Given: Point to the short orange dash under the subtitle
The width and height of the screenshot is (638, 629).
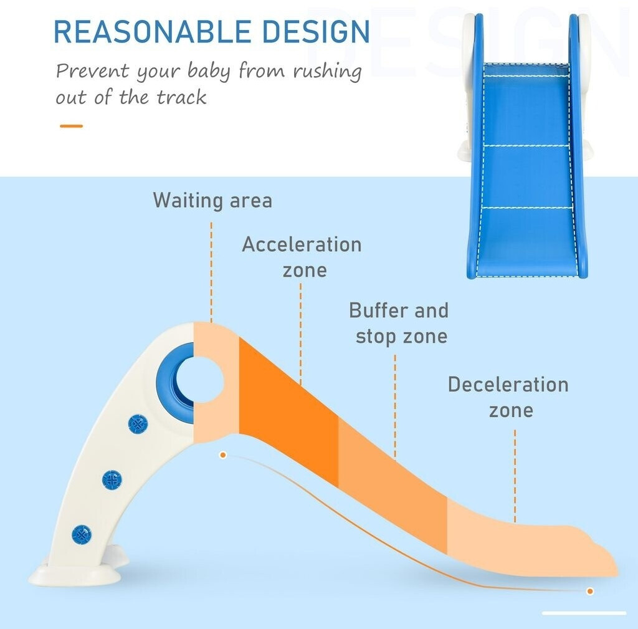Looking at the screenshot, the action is pyautogui.click(x=71, y=126).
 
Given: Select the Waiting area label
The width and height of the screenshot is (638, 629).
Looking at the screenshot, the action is pyautogui.click(x=212, y=201).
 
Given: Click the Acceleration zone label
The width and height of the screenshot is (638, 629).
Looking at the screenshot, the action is pyautogui.click(x=302, y=257).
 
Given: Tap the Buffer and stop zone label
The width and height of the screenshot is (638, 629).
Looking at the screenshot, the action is pyautogui.click(x=399, y=324).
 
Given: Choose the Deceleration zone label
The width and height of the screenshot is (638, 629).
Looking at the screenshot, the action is pyautogui.click(x=508, y=397).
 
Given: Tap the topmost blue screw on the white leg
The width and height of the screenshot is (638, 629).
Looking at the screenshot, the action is pyautogui.click(x=138, y=425).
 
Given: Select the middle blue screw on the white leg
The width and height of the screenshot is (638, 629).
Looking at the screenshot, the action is pyautogui.click(x=112, y=479).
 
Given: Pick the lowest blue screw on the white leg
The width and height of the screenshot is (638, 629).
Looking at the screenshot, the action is pyautogui.click(x=82, y=534).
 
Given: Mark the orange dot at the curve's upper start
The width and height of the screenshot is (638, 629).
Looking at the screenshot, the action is pyautogui.click(x=223, y=454).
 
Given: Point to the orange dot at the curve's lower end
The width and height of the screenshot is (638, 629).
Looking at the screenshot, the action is pyautogui.click(x=590, y=591).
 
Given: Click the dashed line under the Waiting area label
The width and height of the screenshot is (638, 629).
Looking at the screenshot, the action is pyautogui.click(x=211, y=272).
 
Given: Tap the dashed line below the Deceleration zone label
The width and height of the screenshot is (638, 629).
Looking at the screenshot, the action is pyautogui.click(x=515, y=476).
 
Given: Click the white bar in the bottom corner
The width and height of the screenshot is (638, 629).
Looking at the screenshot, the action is pyautogui.click(x=584, y=613).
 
